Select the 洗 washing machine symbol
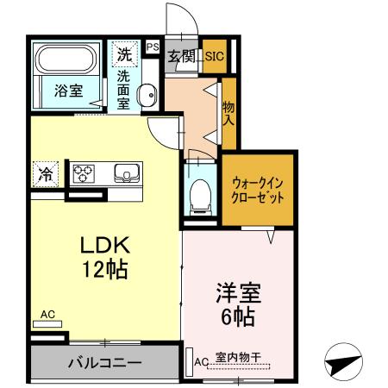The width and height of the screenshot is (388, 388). (126, 53)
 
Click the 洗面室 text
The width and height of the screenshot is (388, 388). (124, 89)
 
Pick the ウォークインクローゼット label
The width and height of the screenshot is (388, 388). (258, 189)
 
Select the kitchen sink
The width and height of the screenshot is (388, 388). (128, 173)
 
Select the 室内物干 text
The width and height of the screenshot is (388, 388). (238, 360)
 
